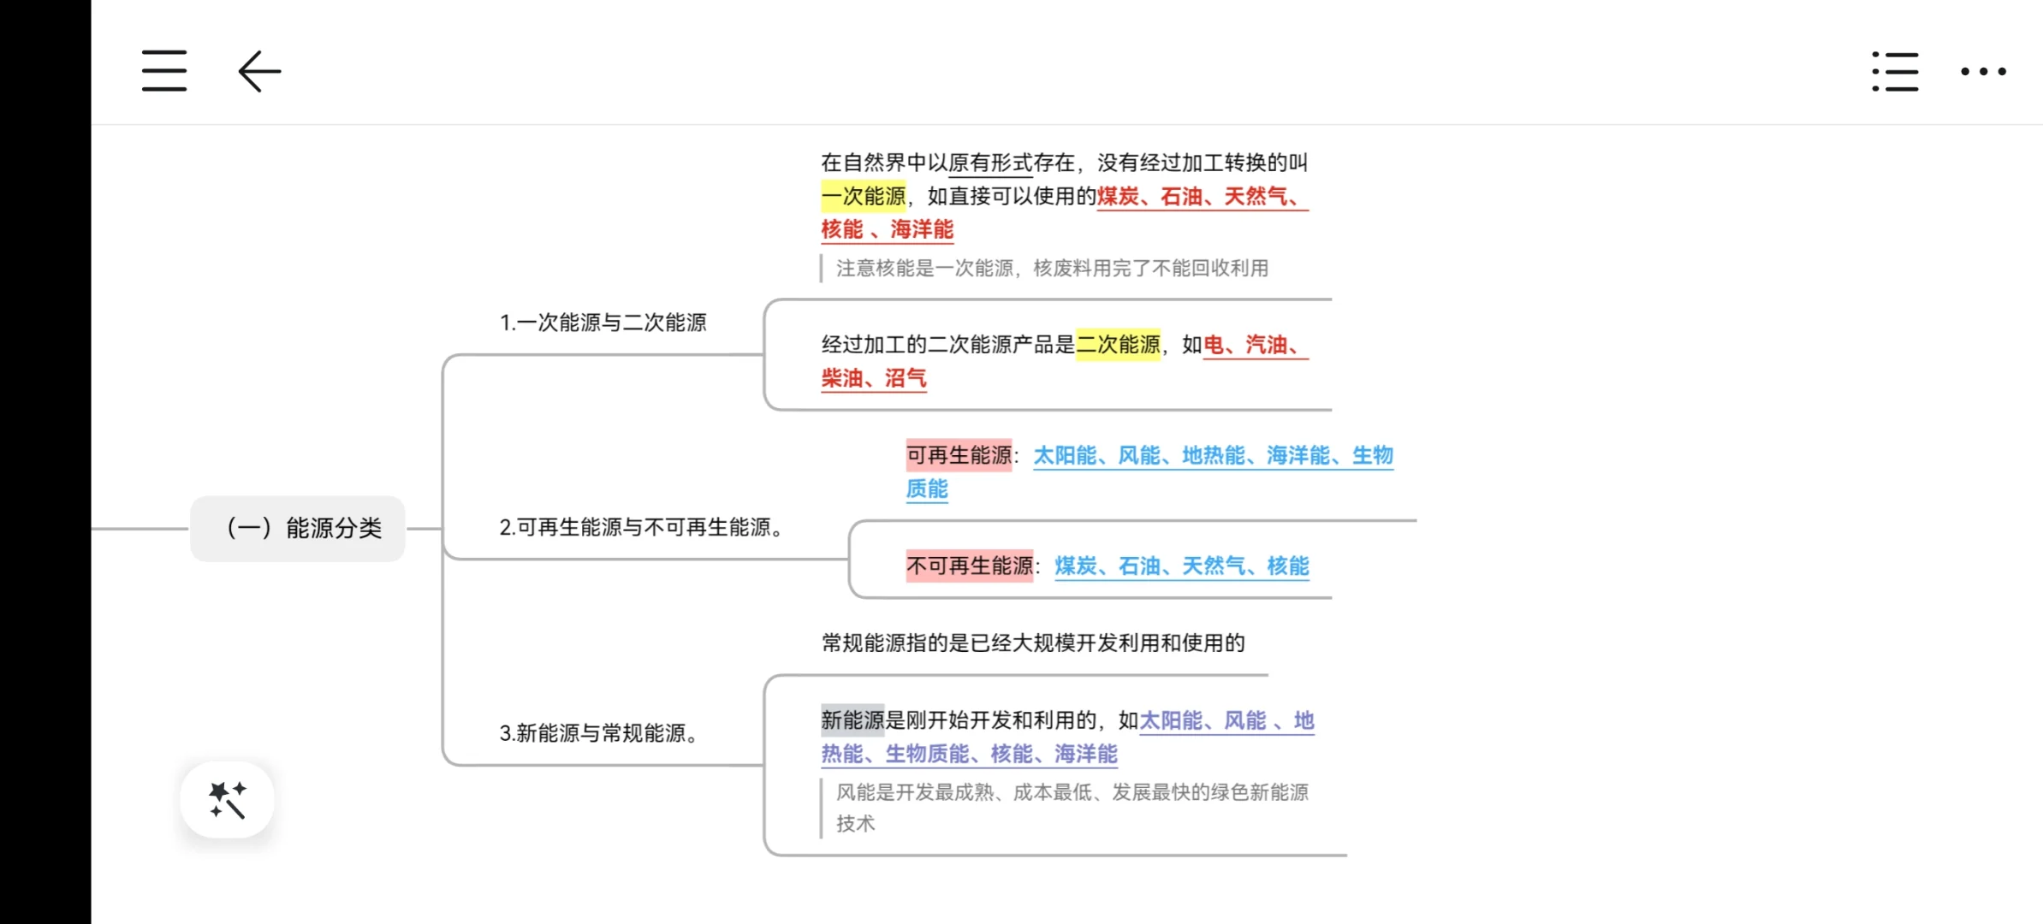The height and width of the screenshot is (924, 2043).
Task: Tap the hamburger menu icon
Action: (x=164, y=70)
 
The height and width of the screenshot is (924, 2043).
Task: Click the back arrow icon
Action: (x=259, y=71)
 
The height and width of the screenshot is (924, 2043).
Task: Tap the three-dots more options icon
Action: (x=1983, y=71)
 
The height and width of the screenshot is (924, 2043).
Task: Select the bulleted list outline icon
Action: (x=1895, y=71)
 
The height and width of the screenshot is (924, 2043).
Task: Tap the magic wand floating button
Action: (x=227, y=800)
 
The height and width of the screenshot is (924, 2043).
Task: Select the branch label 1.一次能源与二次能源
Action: (x=603, y=323)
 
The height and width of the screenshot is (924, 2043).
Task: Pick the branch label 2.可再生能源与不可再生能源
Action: (x=640, y=527)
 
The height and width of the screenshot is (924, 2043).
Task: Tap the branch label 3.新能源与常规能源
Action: (x=597, y=733)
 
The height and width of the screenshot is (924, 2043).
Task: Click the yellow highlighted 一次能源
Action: (x=863, y=196)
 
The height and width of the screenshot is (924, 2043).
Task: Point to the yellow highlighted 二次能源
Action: (x=1118, y=345)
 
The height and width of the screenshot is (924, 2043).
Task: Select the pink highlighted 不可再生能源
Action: (x=969, y=566)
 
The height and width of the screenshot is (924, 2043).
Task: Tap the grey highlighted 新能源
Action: (x=852, y=720)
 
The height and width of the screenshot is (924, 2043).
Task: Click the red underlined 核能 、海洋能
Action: (x=887, y=229)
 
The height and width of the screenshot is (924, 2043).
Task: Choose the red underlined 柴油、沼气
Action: (x=873, y=378)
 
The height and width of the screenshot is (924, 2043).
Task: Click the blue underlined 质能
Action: (x=927, y=489)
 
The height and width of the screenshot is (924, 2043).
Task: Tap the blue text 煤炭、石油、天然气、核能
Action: (x=1181, y=566)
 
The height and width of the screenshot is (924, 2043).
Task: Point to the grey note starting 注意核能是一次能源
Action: (x=1051, y=269)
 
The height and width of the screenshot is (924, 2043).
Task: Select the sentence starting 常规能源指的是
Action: (x=1032, y=643)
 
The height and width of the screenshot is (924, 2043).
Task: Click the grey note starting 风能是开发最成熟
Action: (x=1072, y=792)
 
